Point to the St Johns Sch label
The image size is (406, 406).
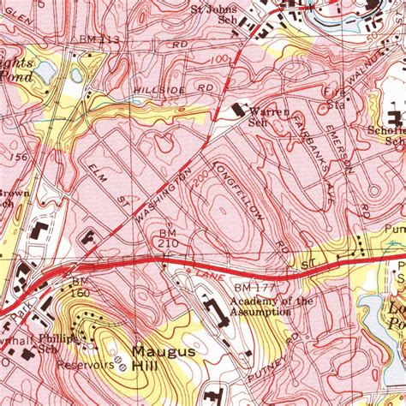pyautogui.click(x=213, y=15)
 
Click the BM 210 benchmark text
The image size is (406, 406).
pyautogui.click(x=168, y=239)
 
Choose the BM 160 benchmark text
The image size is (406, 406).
pyautogui.click(x=80, y=287)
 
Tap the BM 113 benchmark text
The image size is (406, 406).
pyautogui.click(x=99, y=40)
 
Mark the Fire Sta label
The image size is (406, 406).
pyautogui.click(x=335, y=97)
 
